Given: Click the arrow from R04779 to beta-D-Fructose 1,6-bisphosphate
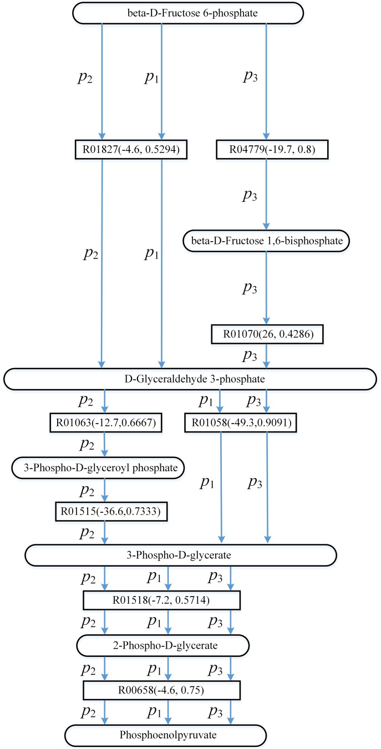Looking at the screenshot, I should point(267,193).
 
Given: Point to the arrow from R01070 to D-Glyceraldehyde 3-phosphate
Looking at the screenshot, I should point(267,356).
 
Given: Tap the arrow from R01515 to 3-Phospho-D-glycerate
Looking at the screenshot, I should point(104,533).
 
